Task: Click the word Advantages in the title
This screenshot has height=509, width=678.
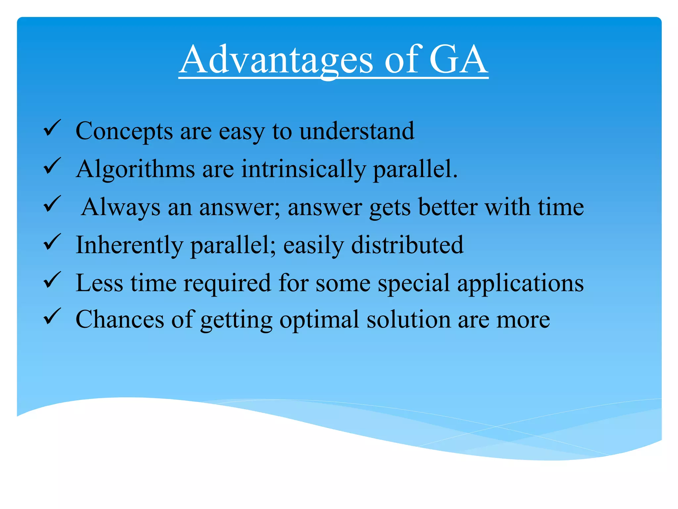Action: click(x=277, y=60)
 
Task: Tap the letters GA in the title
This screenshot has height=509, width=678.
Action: click(x=458, y=60)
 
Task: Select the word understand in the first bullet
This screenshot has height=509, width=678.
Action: click(x=357, y=131)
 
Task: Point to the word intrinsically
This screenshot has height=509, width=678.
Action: click(x=303, y=169)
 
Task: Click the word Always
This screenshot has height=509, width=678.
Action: click(x=121, y=207)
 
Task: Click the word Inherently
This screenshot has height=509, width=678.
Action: click(x=129, y=245)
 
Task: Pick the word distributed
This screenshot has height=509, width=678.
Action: click(x=407, y=245)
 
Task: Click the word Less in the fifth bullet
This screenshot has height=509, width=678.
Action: click(x=99, y=283)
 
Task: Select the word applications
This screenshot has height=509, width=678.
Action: click(x=520, y=284)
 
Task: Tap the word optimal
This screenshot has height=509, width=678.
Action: click(x=319, y=320)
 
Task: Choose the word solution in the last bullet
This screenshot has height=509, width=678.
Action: click(x=409, y=319)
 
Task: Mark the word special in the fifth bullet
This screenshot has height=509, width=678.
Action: click(x=414, y=284)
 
